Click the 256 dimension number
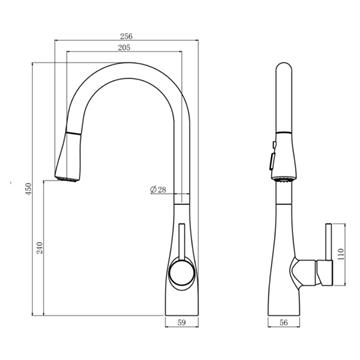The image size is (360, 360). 126,36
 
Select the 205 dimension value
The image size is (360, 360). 124,47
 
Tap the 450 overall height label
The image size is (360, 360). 28,189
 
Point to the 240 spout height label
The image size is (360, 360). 40,248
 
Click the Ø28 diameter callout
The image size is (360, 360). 158,190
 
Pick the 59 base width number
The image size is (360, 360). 182,322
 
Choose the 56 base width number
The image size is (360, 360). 284,322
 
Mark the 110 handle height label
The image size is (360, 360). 340,255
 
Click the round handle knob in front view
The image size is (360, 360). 181,272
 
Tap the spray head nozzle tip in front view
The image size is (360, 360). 67,178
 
